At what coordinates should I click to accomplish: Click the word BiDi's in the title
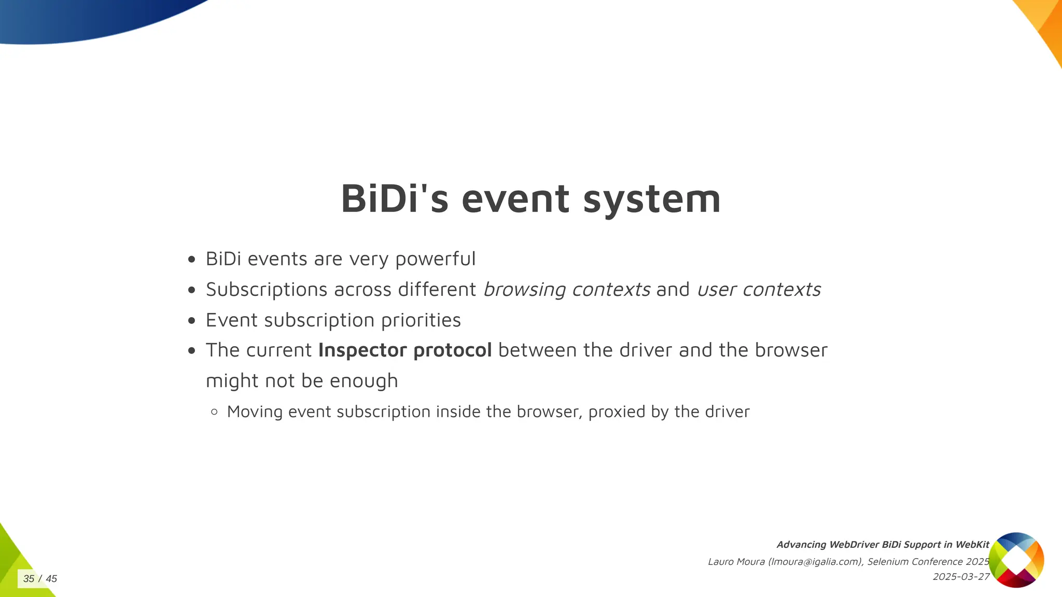pyautogui.click(x=394, y=199)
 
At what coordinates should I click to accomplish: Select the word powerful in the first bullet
pyautogui.click(x=435, y=259)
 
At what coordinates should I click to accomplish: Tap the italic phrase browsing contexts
pyautogui.click(x=566, y=289)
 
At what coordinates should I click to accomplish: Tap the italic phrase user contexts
pyautogui.click(x=759, y=289)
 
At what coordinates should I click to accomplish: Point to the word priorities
pyautogui.click(x=421, y=320)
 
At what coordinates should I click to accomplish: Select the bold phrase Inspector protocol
pyautogui.click(x=404, y=350)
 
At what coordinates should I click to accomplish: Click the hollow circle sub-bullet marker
pyautogui.click(x=215, y=412)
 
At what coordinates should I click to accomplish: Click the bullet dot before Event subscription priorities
pyautogui.click(x=192, y=321)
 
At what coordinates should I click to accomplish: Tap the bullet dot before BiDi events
pyautogui.click(x=192, y=260)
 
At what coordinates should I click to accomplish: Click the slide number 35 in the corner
pyautogui.click(x=29, y=579)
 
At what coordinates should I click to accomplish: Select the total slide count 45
pyautogui.click(x=51, y=579)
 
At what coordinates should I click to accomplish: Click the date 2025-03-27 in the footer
pyautogui.click(x=961, y=577)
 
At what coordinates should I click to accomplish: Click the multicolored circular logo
pyautogui.click(x=1016, y=560)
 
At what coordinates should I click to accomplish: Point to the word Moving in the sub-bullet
pyautogui.click(x=255, y=411)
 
